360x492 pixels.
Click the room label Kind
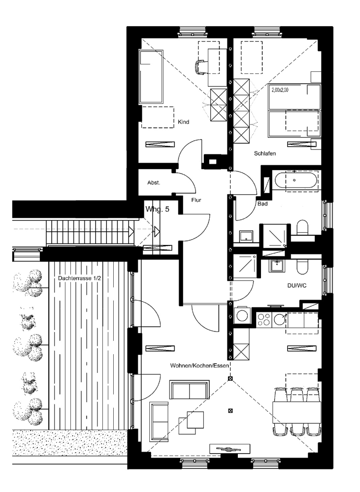pyautogui.click(x=184, y=122)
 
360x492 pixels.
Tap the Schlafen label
pyautogui.click(x=265, y=154)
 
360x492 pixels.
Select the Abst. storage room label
pyautogui.click(x=154, y=183)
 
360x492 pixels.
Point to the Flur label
pyautogui.click(x=196, y=200)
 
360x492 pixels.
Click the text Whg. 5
pyautogui.click(x=157, y=209)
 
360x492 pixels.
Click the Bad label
pyautogui.click(x=262, y=204)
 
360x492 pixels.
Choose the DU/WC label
pyautogui.click(x=297, y=285)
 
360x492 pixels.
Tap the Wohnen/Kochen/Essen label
pyautogui.click(x=199, y=366)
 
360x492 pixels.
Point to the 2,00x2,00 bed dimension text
pyautogui.click(x=280, y=90)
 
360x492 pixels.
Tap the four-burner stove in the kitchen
pyautogui.click(x=264, y=319)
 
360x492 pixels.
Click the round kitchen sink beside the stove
pyautogui.click(x=279, y=319)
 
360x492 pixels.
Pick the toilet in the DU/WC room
pyautogui.click(x=302, y=266)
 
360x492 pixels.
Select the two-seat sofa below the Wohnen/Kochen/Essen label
pyautogui.click(x=190, y=390)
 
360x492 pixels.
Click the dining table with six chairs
pyautogui.click(x=296, y=412)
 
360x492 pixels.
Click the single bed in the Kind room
pyautogui.click(x=151, y=77)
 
